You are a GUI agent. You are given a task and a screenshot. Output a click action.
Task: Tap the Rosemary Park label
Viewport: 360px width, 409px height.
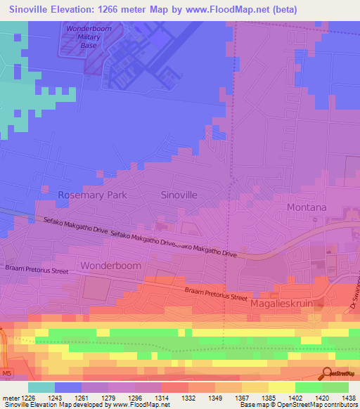pos(93,195)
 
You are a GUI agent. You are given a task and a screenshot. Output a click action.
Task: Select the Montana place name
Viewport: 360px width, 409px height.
pos(307,207)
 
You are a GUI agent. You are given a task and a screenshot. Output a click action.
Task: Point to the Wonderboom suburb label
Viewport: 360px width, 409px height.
pos(110,266)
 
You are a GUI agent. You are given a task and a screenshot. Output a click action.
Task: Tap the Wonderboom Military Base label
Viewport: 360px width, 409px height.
pos(89,37)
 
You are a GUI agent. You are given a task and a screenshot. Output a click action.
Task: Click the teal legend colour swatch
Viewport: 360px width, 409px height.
pos(41,387)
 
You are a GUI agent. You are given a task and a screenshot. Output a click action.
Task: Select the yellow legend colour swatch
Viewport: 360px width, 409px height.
pos(281,387)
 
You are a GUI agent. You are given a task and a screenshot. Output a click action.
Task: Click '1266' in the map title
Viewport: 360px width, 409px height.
pos(122,9)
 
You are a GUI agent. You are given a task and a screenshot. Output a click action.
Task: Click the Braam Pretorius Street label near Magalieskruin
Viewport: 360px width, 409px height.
pos(217,293)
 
